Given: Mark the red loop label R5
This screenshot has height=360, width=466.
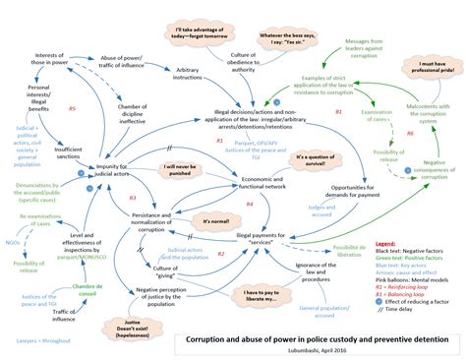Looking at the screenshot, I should pos(73,108).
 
